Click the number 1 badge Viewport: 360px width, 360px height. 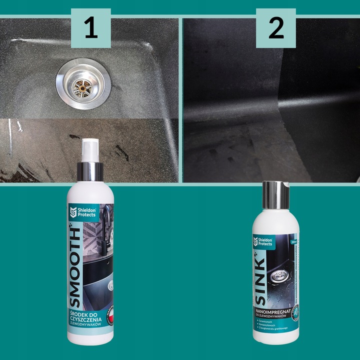[90, 28]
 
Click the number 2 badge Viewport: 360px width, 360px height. [275, 28]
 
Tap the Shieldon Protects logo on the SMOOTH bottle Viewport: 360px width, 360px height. [80, 211]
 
